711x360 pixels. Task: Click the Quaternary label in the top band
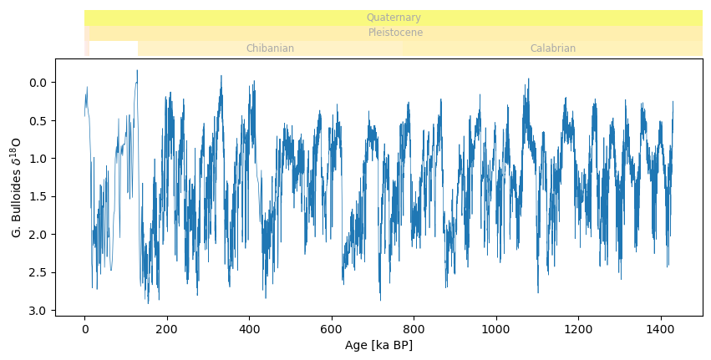[394, 18]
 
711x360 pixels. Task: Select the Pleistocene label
[395, 33]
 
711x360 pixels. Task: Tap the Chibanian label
[270, 48]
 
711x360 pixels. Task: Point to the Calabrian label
[552, 48]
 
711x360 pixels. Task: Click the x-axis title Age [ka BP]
[378, 346]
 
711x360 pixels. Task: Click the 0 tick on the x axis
[84, 329]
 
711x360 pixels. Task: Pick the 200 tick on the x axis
[167, 329]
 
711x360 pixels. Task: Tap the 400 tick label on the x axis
[249, 329]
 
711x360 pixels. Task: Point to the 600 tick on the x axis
[332, 329]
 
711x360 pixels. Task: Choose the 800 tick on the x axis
[414, 329]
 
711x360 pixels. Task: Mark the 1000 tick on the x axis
[496, 329]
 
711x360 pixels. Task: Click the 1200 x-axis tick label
[578, 329]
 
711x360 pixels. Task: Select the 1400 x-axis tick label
[661, 329]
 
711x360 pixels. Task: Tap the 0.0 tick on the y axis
[39, 83]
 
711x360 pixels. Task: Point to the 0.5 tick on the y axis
[39, 120]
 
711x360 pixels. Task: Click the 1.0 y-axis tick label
[39, 159]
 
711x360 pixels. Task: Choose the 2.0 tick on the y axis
[39, 235]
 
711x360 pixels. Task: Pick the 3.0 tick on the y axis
[39, 311]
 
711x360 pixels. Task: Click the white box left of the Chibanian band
[114, 49]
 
